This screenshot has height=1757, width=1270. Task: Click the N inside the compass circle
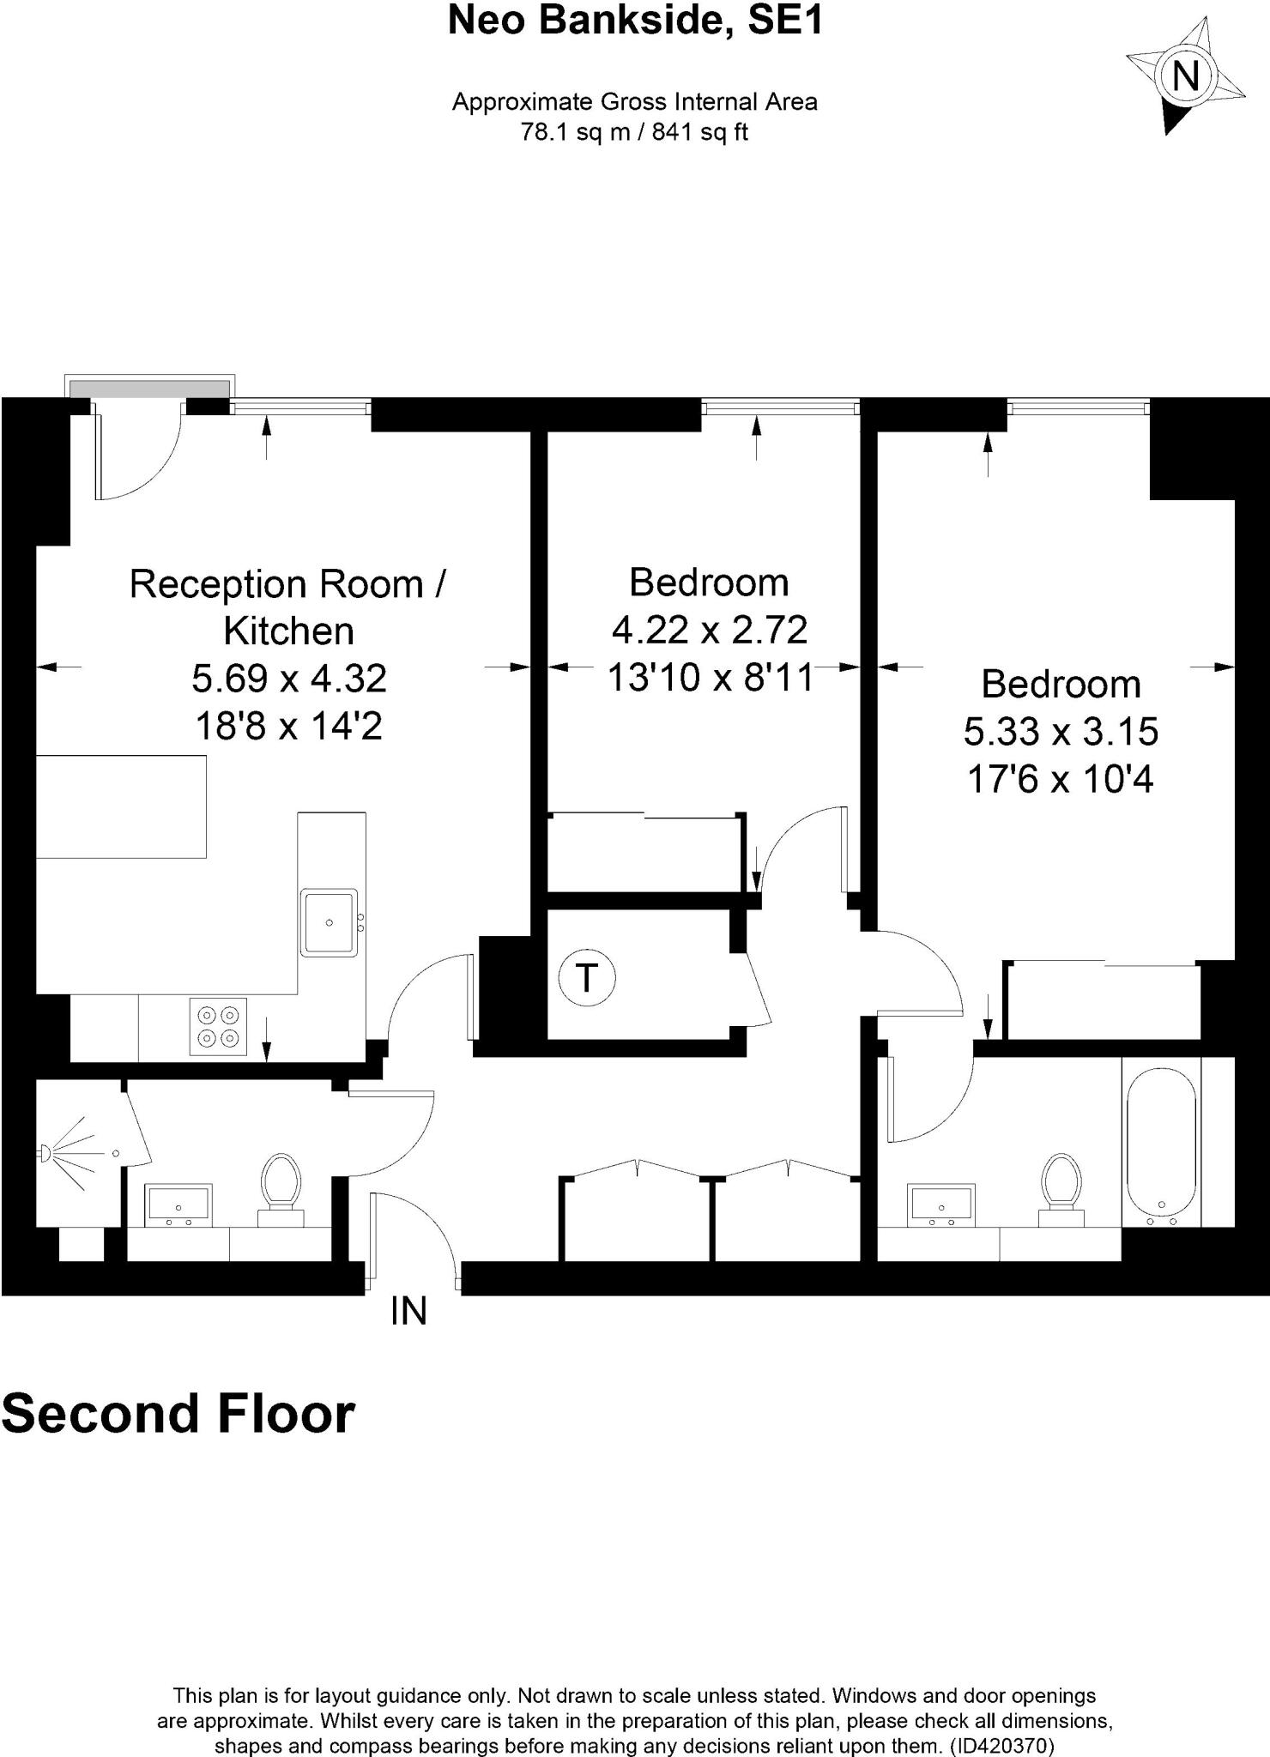tap(1185, 77)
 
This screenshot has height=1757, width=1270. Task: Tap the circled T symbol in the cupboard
tap(587, 977)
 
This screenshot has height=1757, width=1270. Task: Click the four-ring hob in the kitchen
tap(218, 1026)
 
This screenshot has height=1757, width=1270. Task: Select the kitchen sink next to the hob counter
tap(329, 923)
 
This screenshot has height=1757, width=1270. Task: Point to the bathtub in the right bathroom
tap(1160, 1144)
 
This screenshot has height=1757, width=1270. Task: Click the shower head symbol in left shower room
tap(45, 1154)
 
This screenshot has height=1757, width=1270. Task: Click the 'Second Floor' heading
tap(178, 1414)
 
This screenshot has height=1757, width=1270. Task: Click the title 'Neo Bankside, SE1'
tap(635, 21)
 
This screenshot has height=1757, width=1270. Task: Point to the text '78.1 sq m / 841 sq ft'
tap(635, 132)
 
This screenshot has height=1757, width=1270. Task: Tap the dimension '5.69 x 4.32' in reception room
tap(289, 679)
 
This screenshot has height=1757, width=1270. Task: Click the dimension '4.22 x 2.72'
tap(709, 630)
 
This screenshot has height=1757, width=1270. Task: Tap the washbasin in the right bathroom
tap(942, 1205)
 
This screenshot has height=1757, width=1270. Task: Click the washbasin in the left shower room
tap(178, 1205)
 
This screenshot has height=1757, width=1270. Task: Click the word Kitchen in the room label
tap(289, 631)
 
